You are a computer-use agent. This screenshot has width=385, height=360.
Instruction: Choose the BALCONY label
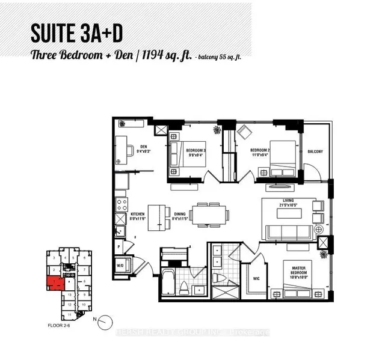315,151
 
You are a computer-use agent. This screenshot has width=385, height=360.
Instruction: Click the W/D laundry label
120,265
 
